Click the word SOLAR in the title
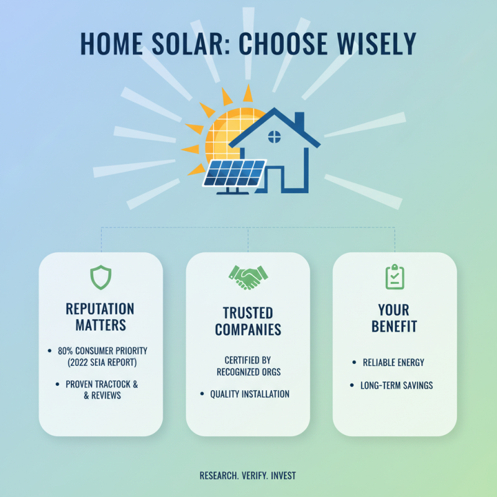185,43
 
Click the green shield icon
101,277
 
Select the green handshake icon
248,277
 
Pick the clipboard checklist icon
394,277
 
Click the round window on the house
274,136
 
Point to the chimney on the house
299,121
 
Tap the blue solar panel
235,173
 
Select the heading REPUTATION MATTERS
101,316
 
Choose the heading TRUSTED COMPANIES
248,321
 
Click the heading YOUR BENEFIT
394,317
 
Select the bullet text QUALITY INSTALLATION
250,394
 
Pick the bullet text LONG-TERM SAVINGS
397,385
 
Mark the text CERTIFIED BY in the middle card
248,360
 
